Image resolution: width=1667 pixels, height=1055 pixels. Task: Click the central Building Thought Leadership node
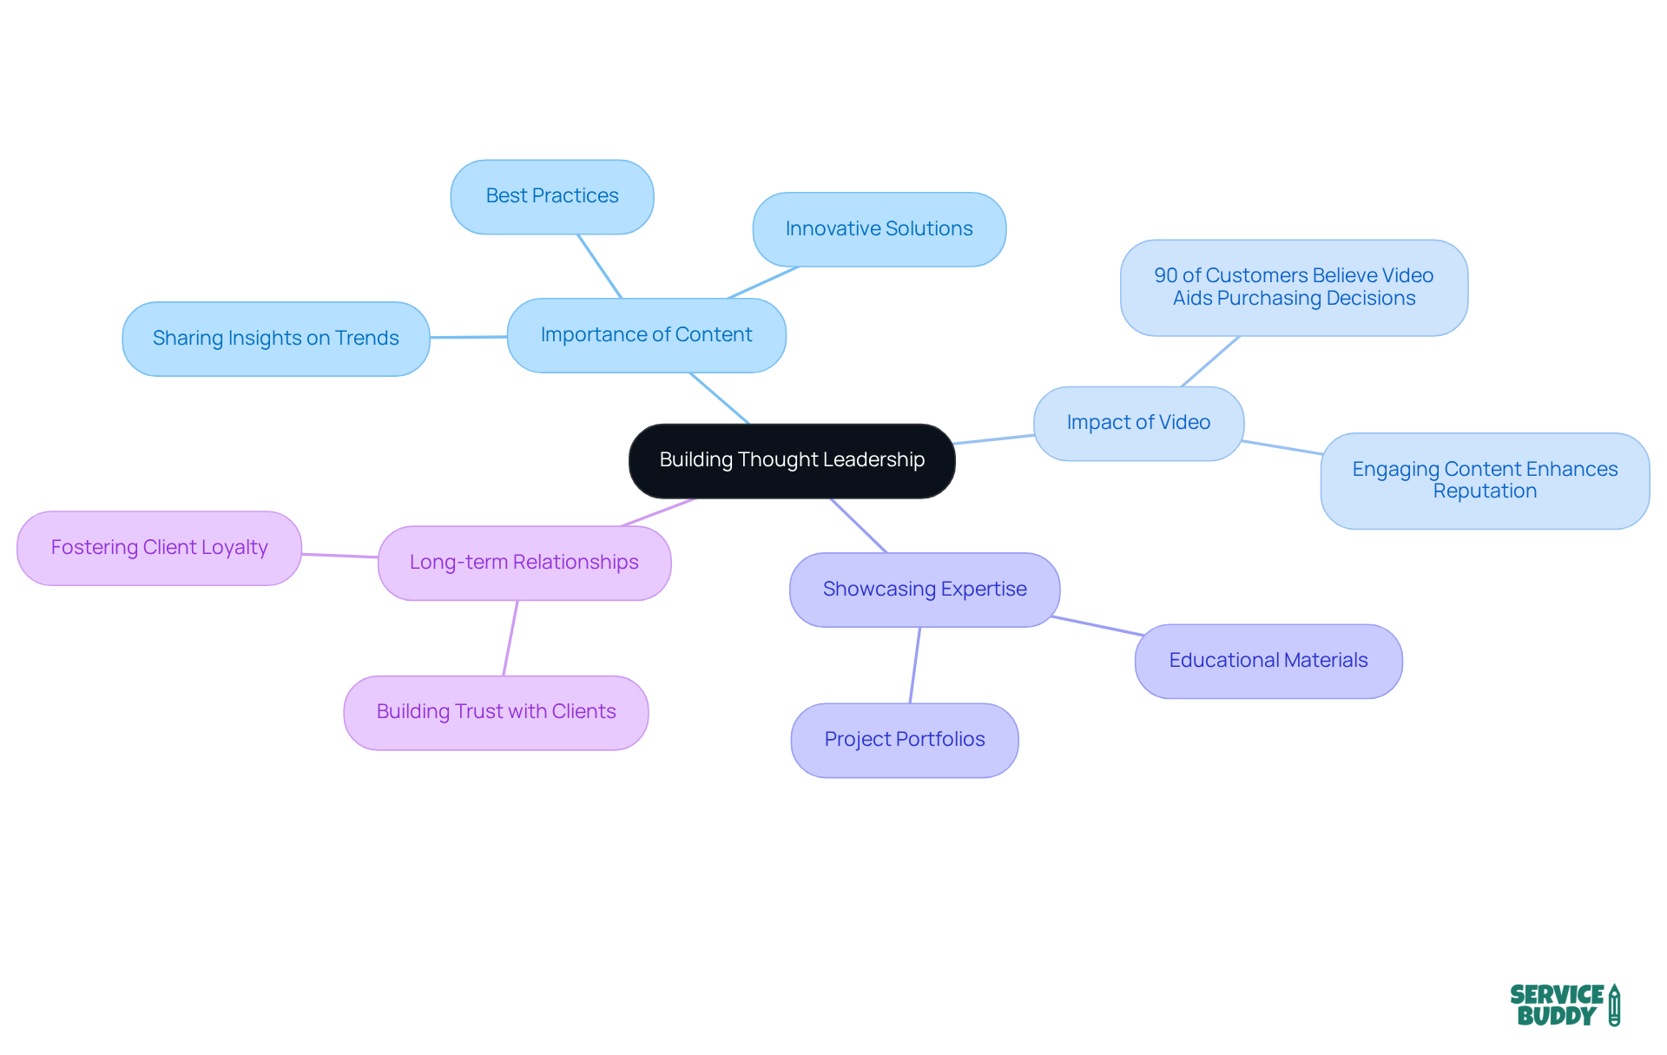click(792, 460)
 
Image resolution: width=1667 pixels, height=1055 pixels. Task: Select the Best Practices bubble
click(552, 196)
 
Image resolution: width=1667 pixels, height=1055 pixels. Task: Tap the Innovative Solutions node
click(879, 229)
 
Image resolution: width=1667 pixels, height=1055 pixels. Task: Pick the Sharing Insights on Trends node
click(276, 339)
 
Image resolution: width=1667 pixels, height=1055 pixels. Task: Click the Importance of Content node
click(646, 335)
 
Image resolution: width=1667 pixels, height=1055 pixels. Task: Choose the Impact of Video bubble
click(1138, 423)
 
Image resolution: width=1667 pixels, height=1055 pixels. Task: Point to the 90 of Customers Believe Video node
click(1294, 287)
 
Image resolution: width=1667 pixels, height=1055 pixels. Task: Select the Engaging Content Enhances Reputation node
click(1485, 480)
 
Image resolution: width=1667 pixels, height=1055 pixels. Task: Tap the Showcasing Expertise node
click(925, 590)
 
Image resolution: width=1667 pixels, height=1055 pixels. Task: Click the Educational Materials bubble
click(1268, 661)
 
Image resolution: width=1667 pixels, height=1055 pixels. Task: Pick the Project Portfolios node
click(904, 740)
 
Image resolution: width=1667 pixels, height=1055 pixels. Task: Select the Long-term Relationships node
click(524, 563)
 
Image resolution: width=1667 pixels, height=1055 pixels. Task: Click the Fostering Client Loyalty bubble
click(159, 548)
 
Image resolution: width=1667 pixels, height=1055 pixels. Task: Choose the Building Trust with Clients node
click(496, 712)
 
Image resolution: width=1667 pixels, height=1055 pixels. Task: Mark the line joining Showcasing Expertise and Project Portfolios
click(915, 665)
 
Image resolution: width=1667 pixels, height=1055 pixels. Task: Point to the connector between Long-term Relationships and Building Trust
click(511, 638)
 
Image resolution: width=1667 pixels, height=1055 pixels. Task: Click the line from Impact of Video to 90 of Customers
click(1210, 361)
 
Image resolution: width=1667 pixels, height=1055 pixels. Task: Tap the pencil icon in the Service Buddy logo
click(1614, 1006)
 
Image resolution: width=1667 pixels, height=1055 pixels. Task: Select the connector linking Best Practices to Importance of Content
click(600, 267)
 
